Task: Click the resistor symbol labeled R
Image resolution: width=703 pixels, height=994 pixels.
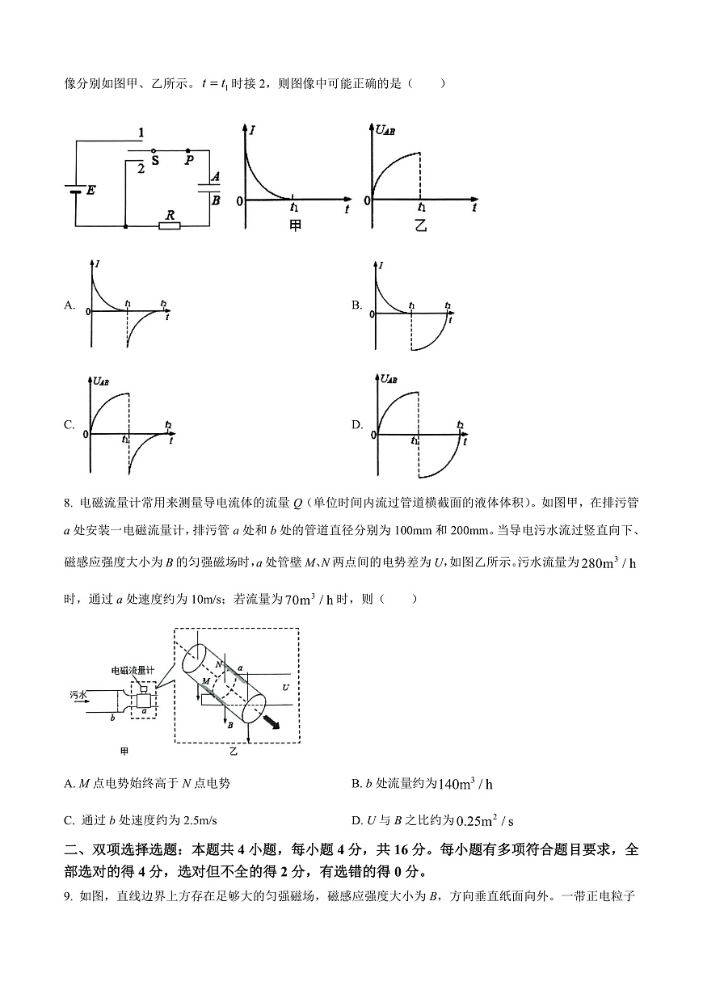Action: coord(170,225)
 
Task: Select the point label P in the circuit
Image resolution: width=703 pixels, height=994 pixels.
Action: coord(188,161)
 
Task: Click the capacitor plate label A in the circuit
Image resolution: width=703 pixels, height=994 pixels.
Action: coord(214,176)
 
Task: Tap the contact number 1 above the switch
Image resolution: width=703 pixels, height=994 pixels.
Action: coord(141,133)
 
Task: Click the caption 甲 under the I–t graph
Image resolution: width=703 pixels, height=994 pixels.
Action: coord(295,226)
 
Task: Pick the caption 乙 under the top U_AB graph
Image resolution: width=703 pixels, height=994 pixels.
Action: coord(420,226)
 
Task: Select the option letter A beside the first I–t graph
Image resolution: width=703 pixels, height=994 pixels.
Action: coord(69,305)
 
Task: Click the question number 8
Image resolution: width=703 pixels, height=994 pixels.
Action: coord(67,503)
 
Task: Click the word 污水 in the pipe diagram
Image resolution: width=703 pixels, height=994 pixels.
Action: coord(78,694)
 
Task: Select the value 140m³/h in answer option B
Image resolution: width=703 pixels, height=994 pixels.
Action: coord(465,784)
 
